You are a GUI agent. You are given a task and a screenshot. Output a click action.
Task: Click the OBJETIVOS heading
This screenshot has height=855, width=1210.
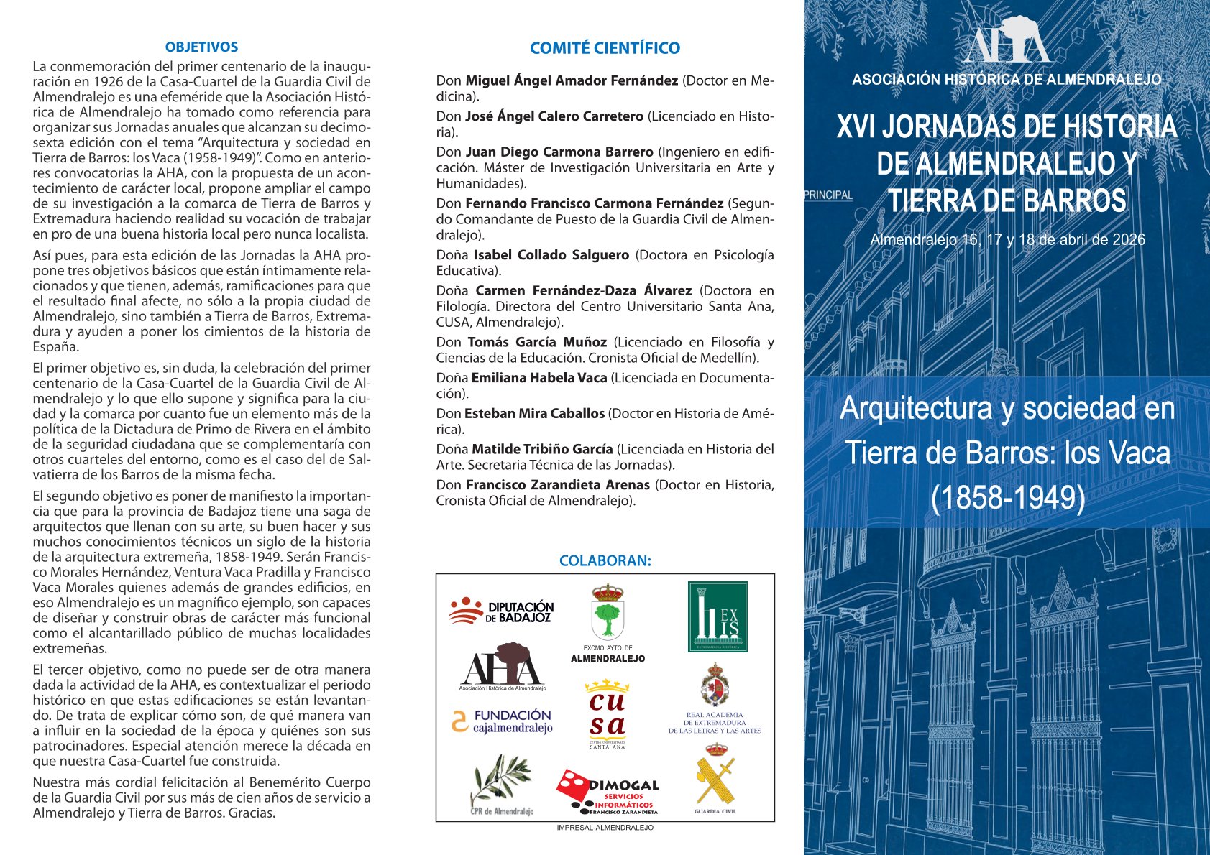(201, 47)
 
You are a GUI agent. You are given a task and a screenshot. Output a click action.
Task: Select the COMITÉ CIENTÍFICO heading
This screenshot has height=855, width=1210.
(605, 48)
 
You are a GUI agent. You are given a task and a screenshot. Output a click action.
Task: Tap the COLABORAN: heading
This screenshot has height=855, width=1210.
(605, 561)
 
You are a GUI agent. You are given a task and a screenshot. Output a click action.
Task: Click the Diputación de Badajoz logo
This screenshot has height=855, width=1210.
(502, 611)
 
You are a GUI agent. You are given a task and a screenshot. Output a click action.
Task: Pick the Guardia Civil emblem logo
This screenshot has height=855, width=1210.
(715, 778)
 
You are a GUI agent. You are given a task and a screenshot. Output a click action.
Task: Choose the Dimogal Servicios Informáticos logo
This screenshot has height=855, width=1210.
(608, 792)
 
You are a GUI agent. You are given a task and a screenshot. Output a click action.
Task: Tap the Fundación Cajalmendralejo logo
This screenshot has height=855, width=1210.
(502, 721)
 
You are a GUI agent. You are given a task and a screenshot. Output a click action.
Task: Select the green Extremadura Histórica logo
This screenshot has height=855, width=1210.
(718, 616)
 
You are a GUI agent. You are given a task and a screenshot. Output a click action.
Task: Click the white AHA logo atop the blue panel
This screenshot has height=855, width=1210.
(1007, 42)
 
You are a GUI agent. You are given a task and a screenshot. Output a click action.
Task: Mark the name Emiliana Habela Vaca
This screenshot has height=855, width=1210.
(539, 378)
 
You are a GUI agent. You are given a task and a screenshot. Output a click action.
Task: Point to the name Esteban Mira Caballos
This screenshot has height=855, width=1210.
(534, 414)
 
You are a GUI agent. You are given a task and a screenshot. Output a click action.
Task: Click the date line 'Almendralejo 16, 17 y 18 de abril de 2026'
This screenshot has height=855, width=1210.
(1007, 240)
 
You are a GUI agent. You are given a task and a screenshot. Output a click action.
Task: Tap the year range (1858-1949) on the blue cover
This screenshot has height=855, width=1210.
(1007, 498)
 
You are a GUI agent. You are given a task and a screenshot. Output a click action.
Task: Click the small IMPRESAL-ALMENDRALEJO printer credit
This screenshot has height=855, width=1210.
(605, 828)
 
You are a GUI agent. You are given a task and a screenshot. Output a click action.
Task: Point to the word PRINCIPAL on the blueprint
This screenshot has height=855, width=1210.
(828, 195)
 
